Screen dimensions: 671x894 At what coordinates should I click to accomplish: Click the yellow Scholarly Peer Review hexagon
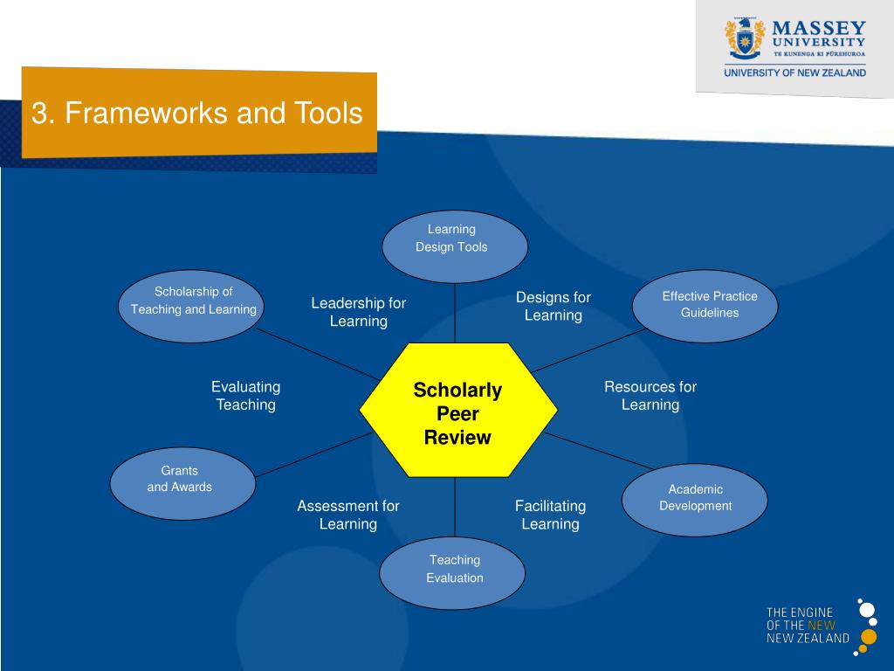(457, 410)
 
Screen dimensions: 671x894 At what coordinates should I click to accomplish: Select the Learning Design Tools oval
(454, 246)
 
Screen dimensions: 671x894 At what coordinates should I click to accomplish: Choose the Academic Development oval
(694, 499)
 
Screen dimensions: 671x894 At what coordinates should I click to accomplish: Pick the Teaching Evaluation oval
(453, 572)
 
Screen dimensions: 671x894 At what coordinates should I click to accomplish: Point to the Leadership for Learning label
(358, 312)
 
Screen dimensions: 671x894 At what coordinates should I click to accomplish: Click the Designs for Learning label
(553, 306)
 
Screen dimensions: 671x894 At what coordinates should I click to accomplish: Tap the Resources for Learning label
(650, 395)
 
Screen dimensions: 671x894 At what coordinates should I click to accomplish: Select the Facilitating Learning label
(550, 515)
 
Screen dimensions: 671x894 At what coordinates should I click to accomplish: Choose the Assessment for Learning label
(347, 515)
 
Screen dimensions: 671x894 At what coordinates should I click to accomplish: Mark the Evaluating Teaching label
(246, 395)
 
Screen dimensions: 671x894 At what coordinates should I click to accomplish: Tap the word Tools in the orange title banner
(328, 113)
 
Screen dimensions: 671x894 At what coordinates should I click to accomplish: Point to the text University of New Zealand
(794, 73)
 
